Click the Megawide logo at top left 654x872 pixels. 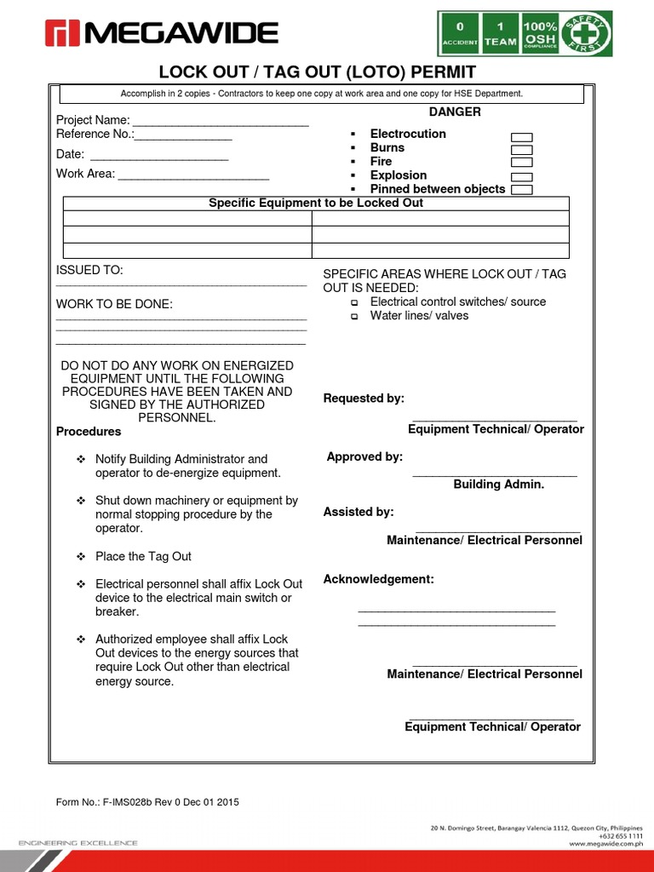[x=162, y=34]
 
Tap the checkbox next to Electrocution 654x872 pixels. [x=521, y=135]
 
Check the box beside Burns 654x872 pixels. [x=521, y=149]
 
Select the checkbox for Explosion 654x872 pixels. [x=521, y=176]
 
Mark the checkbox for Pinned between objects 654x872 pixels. [x=521, y=190]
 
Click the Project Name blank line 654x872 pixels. [x=221, y=121]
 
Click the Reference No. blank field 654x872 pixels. [x=184, y=135]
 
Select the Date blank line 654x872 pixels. [x=159, y=155]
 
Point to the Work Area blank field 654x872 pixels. [x=193, y=175]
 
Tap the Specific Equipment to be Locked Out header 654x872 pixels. [x=316, y=204]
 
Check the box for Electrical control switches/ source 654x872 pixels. [x=355, y=303]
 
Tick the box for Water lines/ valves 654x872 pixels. [x=355, y=317]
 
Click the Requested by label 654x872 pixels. [x=364, y=399]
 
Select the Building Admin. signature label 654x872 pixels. [x=498, y=485]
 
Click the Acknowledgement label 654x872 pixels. [x=378, y=580]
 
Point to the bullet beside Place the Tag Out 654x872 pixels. [x=82, y=556]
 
